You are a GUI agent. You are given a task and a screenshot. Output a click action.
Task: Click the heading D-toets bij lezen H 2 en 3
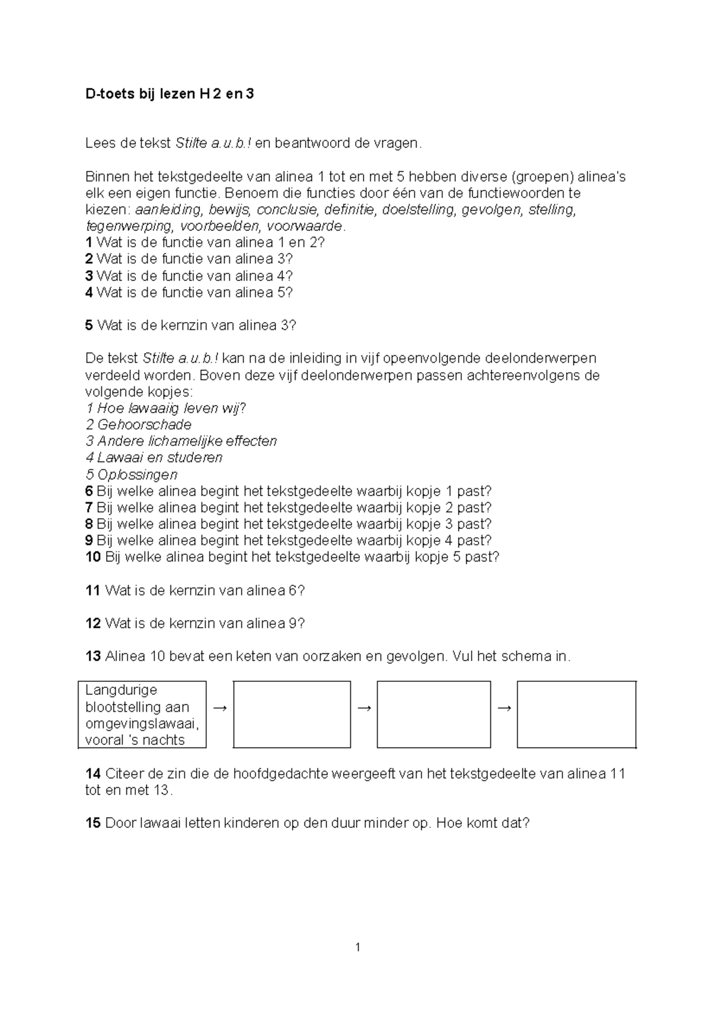click(x=170, y=94)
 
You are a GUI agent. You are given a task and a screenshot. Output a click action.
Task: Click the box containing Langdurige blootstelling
click(x=142, y=715)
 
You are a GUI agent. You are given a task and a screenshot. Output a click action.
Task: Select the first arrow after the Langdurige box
click(x=220, y=707)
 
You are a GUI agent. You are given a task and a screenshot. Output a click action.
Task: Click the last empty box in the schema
click(x=576, y=714)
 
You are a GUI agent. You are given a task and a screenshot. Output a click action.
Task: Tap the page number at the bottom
click(x=357, y=947)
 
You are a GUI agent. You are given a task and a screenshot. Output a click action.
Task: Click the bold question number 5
click(x=89, y=326)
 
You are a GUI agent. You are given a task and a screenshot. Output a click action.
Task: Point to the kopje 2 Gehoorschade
click(x=139, y=425)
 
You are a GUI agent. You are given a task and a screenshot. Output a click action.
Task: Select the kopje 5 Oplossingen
click(x=132, y=475)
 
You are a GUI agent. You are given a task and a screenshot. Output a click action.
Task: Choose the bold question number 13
click(x=93, y=657)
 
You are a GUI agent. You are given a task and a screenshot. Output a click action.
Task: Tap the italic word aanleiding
click(x=168, y=210)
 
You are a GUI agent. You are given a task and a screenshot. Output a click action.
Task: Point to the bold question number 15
click(x=93, y=824)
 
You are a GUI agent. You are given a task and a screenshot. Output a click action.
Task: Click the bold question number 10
click(x=93, y=557)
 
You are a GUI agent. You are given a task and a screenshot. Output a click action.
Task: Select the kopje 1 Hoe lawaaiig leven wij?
click(x=166, y=409)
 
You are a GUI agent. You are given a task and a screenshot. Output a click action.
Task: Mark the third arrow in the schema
click(x=504, y=707)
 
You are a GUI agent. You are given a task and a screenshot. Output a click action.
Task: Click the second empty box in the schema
click(x=434, y=714)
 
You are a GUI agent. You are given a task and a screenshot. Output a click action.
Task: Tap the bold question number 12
click(x=93, y=624)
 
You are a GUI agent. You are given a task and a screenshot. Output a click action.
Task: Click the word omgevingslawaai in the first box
click(x=142, y=724)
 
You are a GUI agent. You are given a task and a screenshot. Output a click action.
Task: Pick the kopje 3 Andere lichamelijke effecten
click(x=182, y=441)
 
